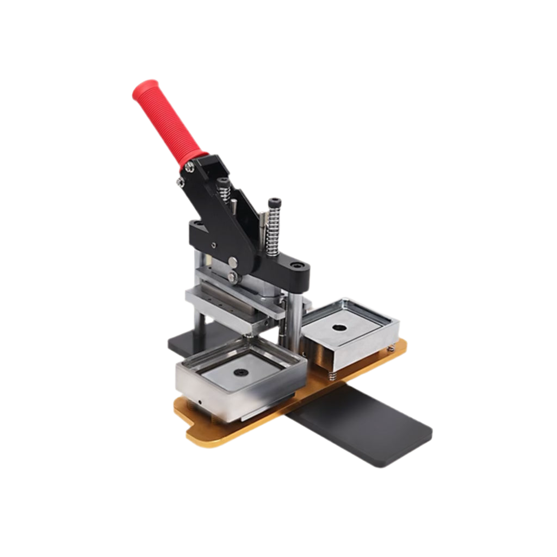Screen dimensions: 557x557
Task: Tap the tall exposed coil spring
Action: (274, 231)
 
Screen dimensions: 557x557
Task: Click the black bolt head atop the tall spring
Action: (275, 202)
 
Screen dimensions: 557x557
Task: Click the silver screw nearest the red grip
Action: (189, 168)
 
